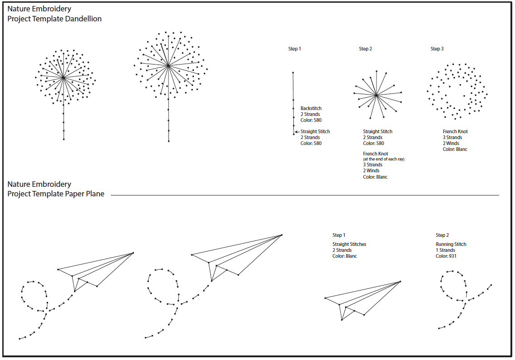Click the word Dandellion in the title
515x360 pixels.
[x=83, y=19]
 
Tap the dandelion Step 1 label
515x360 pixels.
[x=295, y=49]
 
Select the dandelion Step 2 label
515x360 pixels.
[x=365, y=49]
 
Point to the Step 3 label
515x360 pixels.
[x=437, y=49]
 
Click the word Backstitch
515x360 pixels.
[x=311, y=108]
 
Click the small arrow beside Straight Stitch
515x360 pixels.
[x=297, y=131]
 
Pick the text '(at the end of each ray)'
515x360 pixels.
[x=384, y=159]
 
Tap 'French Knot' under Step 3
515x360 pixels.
[x=455, y=131]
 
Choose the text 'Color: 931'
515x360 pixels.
[x=446, y=256]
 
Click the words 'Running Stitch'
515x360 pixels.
[x=451, y=244]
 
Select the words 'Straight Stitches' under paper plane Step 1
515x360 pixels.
[x=349, y=244]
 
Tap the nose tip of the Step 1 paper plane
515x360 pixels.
[x=401, y=281]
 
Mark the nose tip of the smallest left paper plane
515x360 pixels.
[x=133, y=253]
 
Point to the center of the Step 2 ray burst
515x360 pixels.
[x=376, y=95]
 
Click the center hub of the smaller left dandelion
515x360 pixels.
[x=64, y=78]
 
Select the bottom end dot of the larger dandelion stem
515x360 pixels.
[x=169, y=141]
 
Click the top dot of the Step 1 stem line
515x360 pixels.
[x=293, y=73]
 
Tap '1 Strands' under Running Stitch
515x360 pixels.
[x=446, y=250]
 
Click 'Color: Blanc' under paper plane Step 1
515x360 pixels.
[x=345, y=256]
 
